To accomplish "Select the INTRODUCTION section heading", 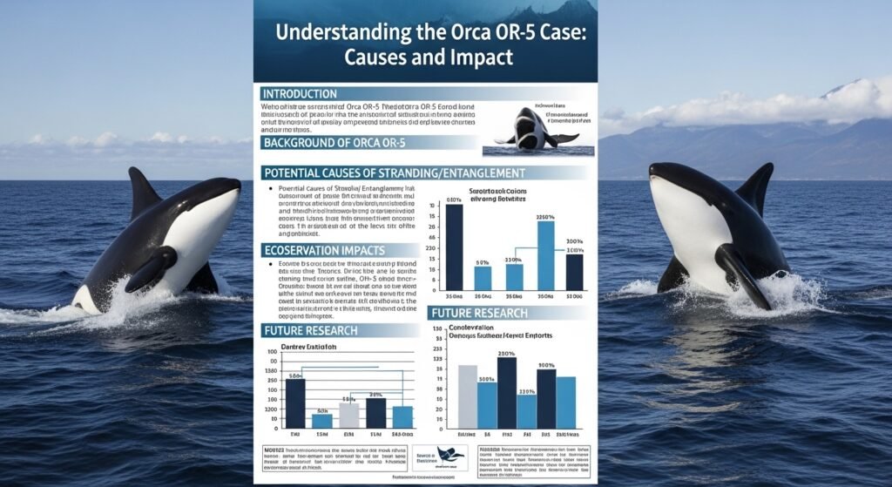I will click(299, 93).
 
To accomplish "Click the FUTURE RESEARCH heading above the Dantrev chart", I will click(311, 330).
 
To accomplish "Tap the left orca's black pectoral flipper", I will click(148, 271).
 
